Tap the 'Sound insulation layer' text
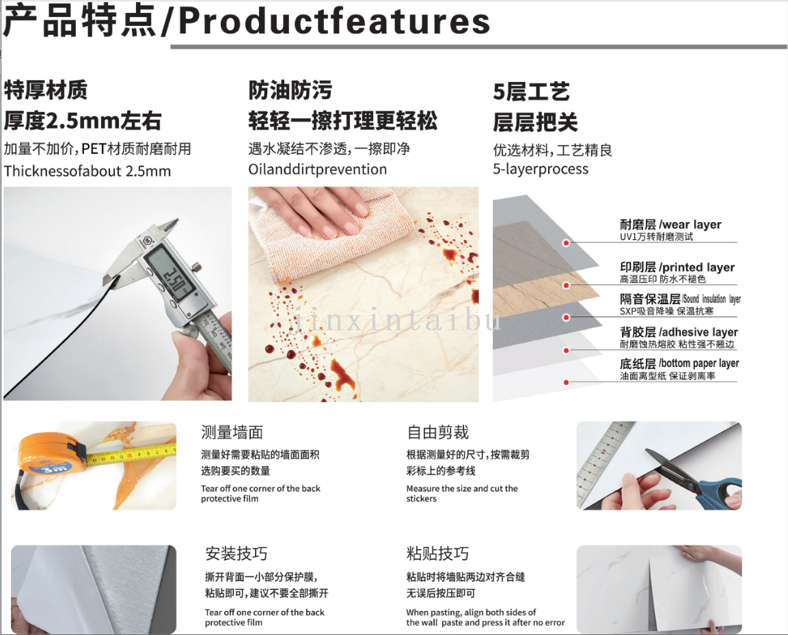(x=711, y=299)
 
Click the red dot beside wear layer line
(x=566, y=243)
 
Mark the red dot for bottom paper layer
(x=566, y=383)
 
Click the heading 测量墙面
(x=232, y=433)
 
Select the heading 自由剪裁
(x=437, y=433)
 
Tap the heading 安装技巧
(x=236, y=554)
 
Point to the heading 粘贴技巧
(x=437, y=554)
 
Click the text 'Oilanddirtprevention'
(x=318, y=170)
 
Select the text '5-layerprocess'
(x=540, y=169)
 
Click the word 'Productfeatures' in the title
(x=334, y=21)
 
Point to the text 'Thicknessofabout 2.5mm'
(x=87, y=171)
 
